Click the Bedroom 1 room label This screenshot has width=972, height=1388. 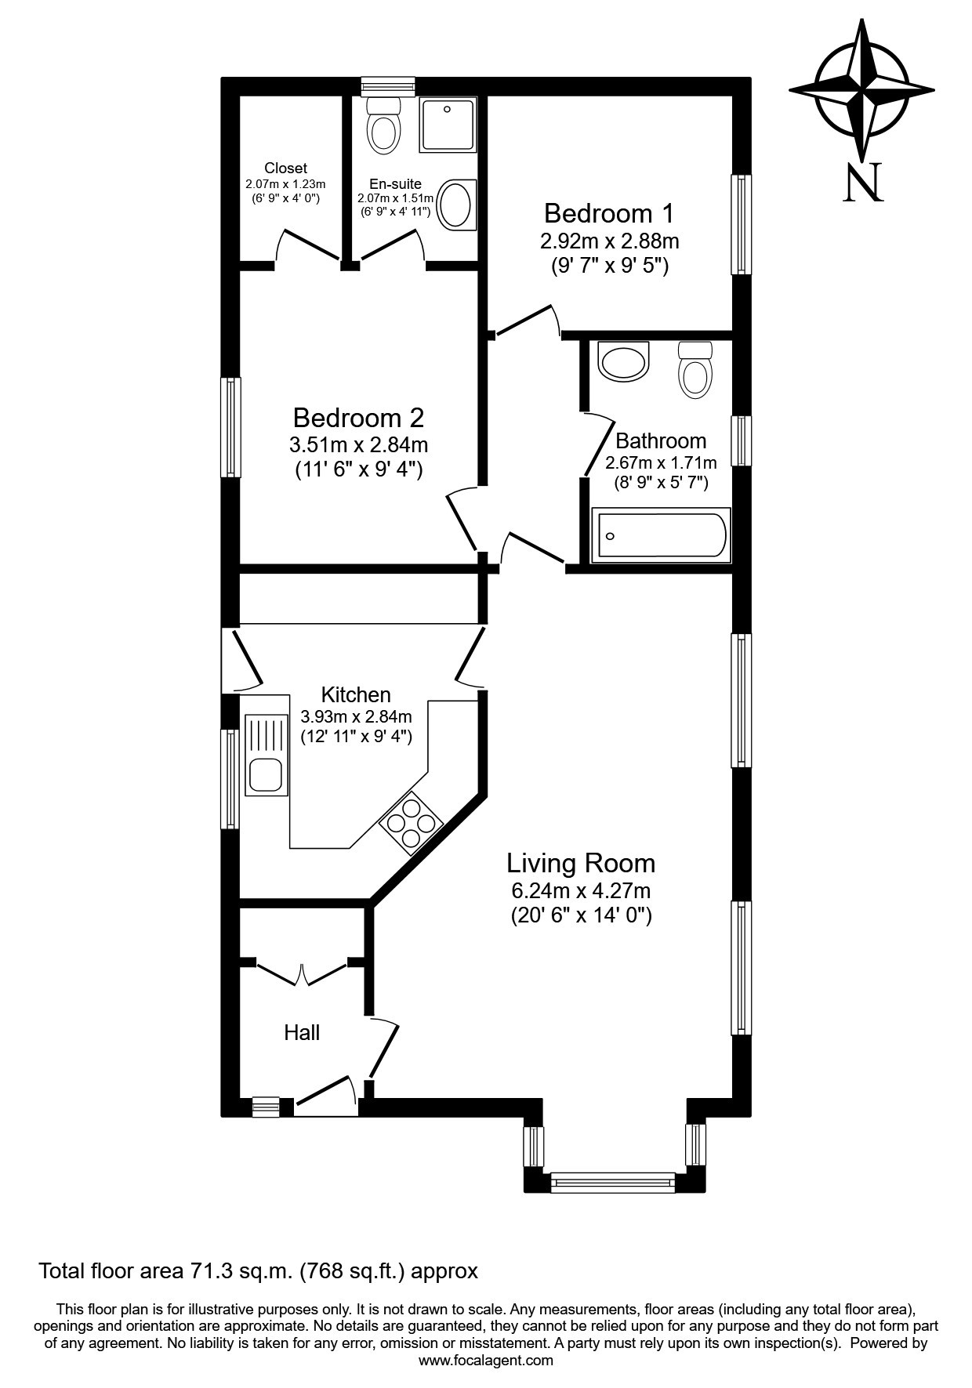[609, 213]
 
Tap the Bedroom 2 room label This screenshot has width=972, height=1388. [358, 417]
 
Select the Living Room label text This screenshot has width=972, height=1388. [581, 863]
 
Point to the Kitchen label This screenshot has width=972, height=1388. [356, 694]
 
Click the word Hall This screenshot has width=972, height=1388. [302, 1033]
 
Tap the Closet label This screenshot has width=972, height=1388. [285, 168]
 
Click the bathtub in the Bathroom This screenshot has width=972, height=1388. [660, 535]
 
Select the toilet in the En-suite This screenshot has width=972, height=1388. [383, 125]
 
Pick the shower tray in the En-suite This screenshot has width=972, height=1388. [447, 125]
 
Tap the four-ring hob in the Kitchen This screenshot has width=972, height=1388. [411, 821]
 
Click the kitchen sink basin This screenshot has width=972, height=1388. [266, 774]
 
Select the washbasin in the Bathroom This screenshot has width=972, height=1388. [623, 360]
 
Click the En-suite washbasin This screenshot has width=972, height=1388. [456, 205]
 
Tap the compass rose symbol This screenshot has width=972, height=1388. [861, 88]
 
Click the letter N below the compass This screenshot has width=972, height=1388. [864, 183]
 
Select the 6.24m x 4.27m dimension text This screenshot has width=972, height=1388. [581, 891]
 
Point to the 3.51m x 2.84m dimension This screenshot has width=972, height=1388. [359, 445]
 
